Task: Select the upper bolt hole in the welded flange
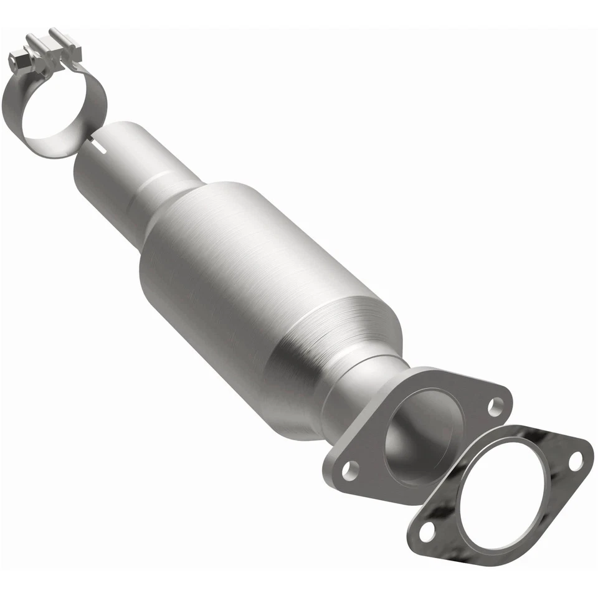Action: (495, 406)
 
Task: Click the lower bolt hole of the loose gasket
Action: (427, 531)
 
